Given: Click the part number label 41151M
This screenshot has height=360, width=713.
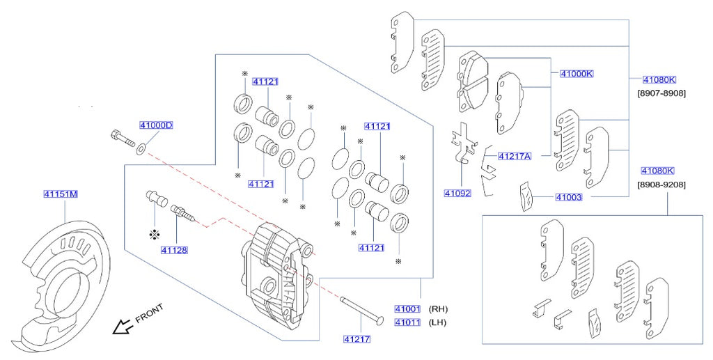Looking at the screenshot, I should point(61,194).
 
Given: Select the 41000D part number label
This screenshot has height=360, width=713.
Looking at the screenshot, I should point(156,125).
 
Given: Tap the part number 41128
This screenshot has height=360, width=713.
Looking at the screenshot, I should point(174,249).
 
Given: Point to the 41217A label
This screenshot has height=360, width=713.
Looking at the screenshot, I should point(515,156).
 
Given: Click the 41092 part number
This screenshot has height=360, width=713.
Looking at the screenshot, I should point(457,193).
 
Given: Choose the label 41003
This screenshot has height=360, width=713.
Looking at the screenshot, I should point(569,198).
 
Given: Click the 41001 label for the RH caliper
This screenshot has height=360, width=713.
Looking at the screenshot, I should point(407,308).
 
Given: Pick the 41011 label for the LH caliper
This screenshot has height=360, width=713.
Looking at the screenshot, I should point(407,322).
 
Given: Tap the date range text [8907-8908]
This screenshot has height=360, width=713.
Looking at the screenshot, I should point(661,92).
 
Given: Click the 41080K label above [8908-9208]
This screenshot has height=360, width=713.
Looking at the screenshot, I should point(658,171).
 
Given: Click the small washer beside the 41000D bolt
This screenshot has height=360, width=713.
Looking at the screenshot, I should point(141,148).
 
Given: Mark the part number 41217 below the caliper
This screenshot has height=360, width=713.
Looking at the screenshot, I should point(356,339).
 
